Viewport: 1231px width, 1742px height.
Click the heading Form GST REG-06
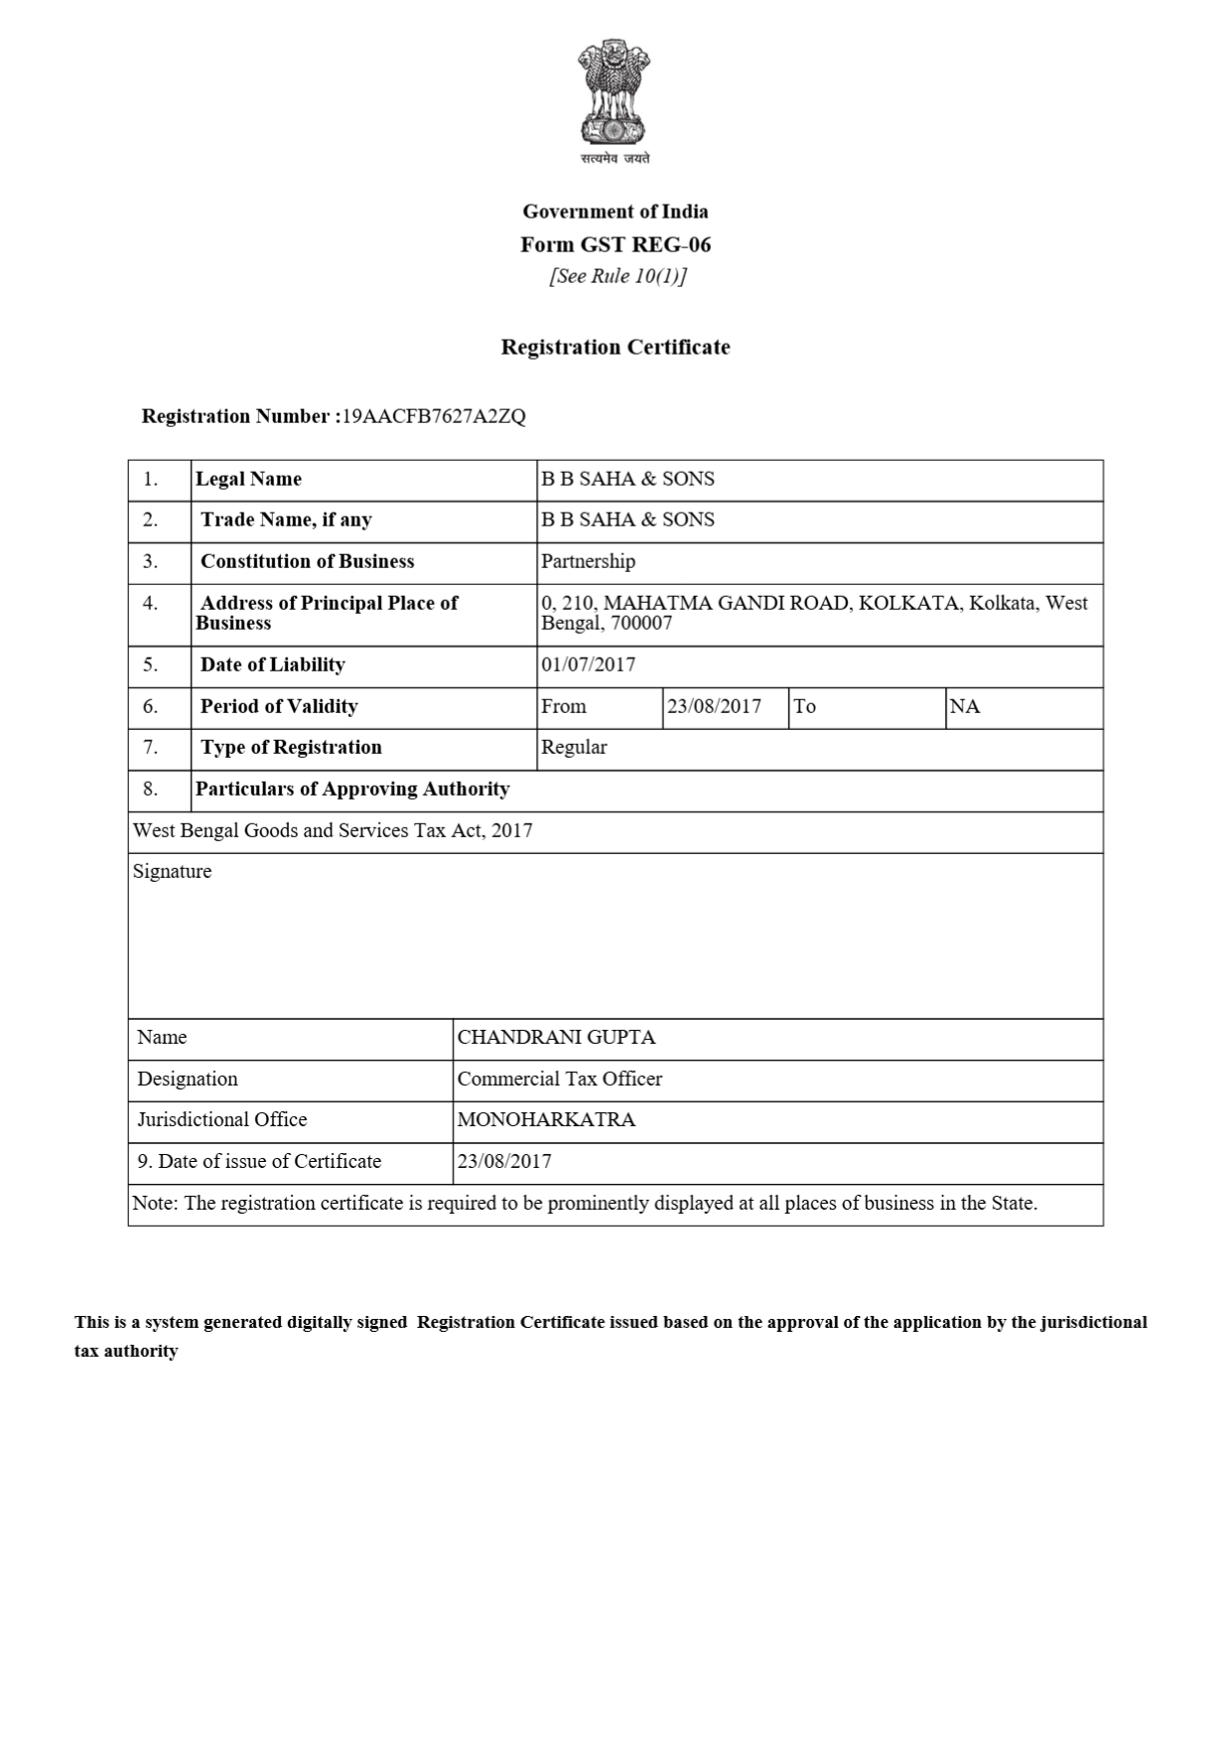pyautogui.click(x=615, y=244)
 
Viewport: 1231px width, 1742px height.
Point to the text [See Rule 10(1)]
pyautogui.click(x=617, y=276)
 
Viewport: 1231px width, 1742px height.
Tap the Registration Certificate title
pyautogui.click(x=615, y=347)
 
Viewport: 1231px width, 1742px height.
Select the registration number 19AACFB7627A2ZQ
pyautogui.click(x=434, y=416)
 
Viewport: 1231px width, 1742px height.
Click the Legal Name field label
pyautogui.click(x=248, y=479)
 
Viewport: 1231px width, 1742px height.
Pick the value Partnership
pyautogui.click(x=588, y=561)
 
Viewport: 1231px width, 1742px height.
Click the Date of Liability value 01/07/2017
pyautogui.click(x=588, y=664)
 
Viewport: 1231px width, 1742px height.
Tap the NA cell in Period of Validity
pyautogui.click(x=965, y=706)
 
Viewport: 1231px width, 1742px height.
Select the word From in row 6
pyautogui.click(x=563, y=706)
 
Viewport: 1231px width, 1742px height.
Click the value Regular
pyautogui.click(x=574, y=747)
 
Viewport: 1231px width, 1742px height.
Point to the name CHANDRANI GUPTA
pyautogui.click(x=556, y=1037)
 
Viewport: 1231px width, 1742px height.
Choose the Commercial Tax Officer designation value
pyautogui.click(x=559, y=1079)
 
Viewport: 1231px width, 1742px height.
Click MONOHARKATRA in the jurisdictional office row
pyautogui.click(x=546, y=1119)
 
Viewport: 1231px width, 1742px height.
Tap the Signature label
pyautogui.click(x=172, y=871)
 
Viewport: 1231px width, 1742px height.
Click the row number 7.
pyautogui.click(x=151, y=747)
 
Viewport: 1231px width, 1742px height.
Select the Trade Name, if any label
pyautogui.click(x=286, y=519)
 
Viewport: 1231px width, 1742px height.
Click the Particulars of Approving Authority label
pyautogui.click(x=352, y=789)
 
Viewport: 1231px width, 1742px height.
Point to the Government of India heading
pyautogui.click(x=615, y=211)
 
